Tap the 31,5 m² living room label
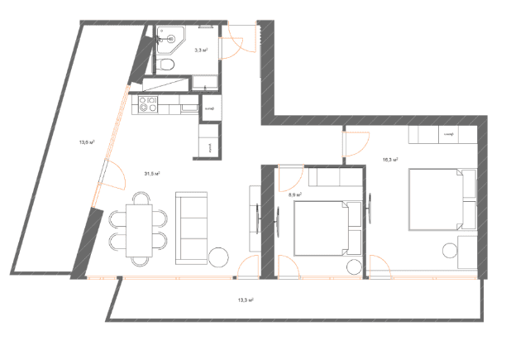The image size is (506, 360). [151, 174]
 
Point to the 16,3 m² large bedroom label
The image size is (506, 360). [390, 159]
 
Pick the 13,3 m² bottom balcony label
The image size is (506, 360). [245, 301]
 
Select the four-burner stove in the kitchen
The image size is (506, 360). [149, 105]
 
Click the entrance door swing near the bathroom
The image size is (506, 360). [236, 41]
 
